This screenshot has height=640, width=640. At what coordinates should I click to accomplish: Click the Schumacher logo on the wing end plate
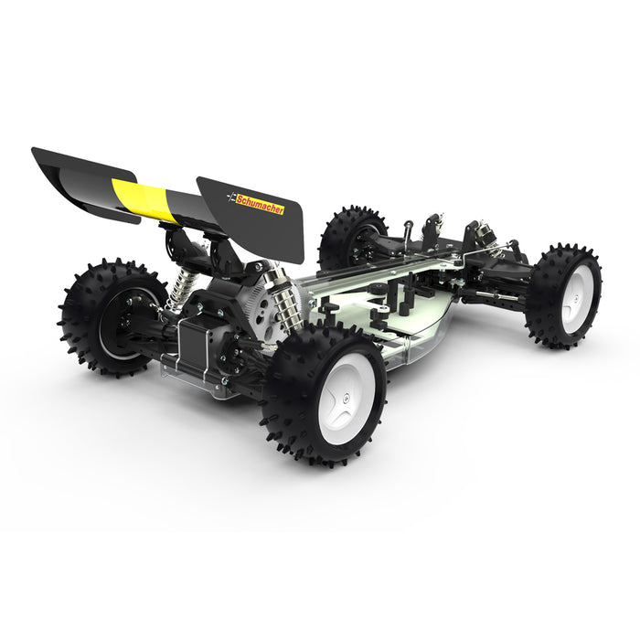click(255, 203)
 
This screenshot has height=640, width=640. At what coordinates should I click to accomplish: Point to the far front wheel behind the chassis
click(351, 236)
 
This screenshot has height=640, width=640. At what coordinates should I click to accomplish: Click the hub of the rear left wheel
click(123, 323)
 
